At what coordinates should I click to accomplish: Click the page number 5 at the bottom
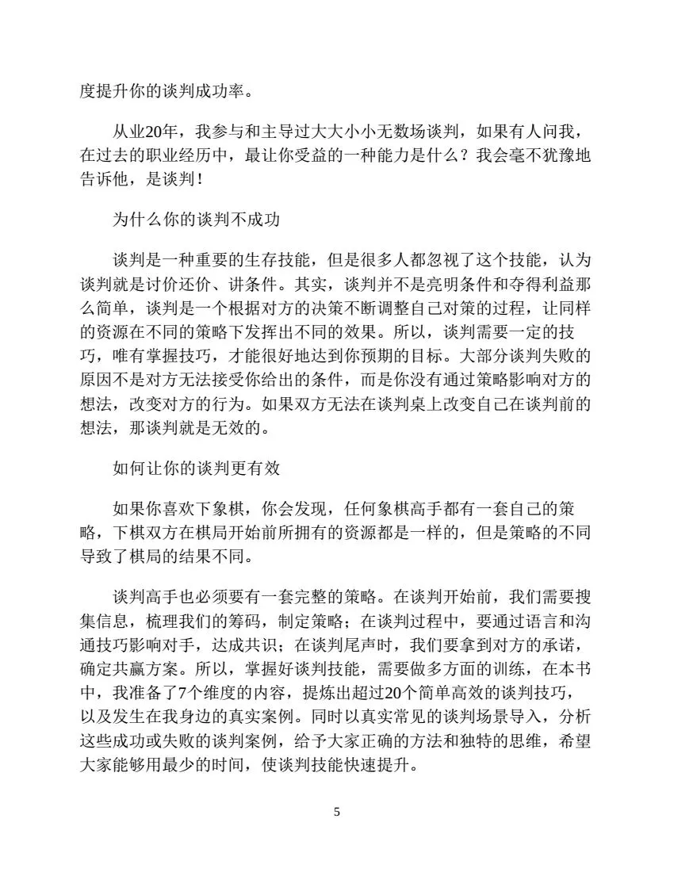pyautogui.click(x=337, y=813)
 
